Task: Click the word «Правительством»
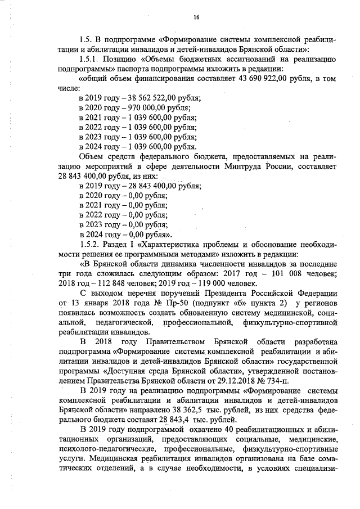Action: coord(178,343)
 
